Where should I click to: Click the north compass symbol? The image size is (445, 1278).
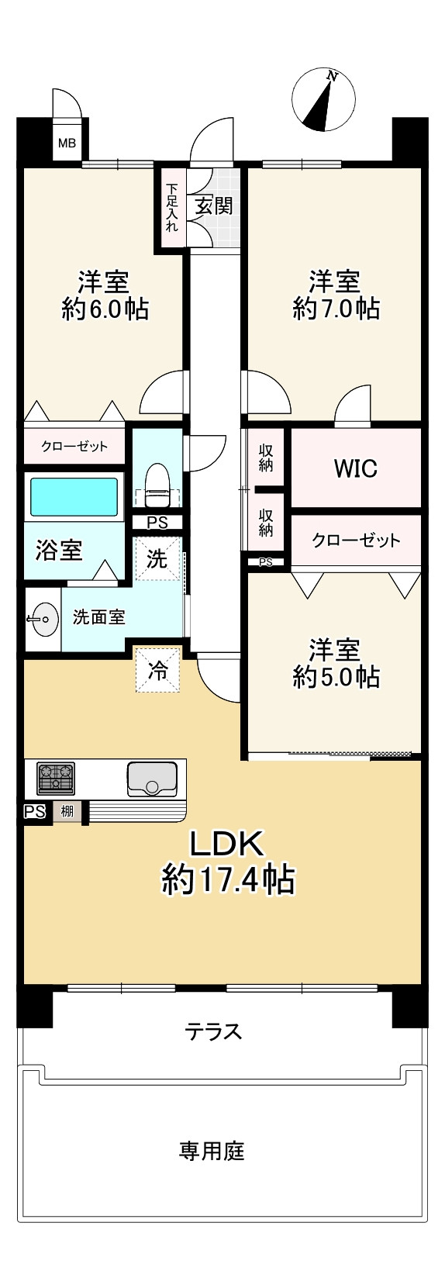pyautogui.click(x=323, y=100)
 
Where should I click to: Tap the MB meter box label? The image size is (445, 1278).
pyautogui.click(x=67, y=143)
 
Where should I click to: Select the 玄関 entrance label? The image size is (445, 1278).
pyautogui.click(x=213, y=206)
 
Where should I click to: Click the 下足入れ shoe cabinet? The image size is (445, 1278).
pyautogui.click(x=171, y=207)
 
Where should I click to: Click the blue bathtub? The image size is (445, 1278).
pyautogui.click(x=74, y=497)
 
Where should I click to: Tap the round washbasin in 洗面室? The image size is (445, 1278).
pyautogui.click(x=42, y=619)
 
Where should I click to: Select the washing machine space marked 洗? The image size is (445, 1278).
pyautogui.click(x=157, y=558)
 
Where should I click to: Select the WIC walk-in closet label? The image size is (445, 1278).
pyautogui.click(x=355, y=468)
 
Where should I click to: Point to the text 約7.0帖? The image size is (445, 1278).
pyautogui.click(x=336, y=309)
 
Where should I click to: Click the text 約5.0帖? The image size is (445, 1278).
pyautogui.click(x=336, y=676)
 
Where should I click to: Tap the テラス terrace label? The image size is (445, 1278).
pyautogui.click(x=213, y=1031)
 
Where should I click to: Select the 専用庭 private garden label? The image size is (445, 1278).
pyautogui.click(x=212, y=1151)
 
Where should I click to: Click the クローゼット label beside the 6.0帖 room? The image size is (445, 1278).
pyautogui.click(x=74, y=447)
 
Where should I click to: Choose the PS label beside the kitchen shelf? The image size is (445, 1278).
pyautogui.click(x=34, y=812)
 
